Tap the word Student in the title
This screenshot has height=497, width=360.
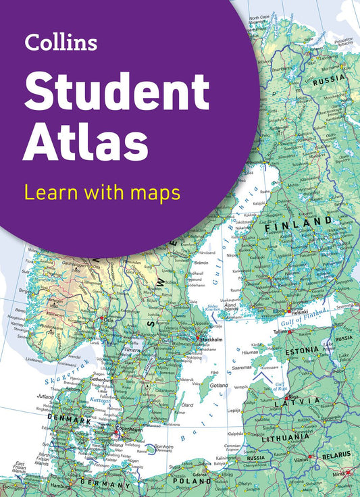coord(118,94)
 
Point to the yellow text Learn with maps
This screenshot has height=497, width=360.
coord(101,192)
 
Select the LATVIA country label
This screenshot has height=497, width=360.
coord(297,402)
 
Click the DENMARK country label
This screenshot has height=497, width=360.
coord(70,420)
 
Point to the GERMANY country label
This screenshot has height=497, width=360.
coord(105,483)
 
